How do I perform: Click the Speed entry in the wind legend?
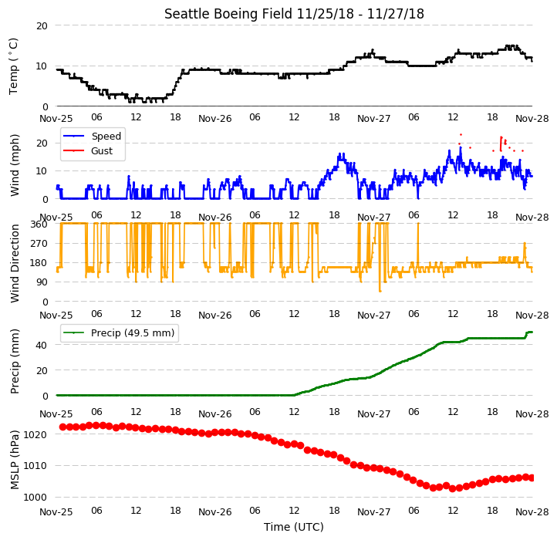click(106, 136)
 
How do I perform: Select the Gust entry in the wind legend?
click(102, 151)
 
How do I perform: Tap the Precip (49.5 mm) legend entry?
click(133, 333)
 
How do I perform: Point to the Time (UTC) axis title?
click(294, 527)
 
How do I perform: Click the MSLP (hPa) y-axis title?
click(14, 460)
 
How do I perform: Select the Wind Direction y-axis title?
click(14, 263)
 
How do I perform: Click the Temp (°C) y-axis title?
click(13, 66)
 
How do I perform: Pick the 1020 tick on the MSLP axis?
click(35, 434)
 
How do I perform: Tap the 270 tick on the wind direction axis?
click(39, 244)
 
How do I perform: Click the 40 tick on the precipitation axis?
click(42, 346)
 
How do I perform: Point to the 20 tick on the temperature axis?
click(42, 26)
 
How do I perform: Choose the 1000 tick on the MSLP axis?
click(35, 498)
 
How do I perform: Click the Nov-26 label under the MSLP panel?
click(215, 512)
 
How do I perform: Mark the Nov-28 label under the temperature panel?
click(532, 119)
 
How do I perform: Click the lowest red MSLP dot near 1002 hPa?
click(453, 489)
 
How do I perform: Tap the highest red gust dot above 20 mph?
click(461, 134)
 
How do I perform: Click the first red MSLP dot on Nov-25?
click(63, 427)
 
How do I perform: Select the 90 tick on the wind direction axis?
click(42, 282)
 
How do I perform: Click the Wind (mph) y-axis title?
click(14, 166)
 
